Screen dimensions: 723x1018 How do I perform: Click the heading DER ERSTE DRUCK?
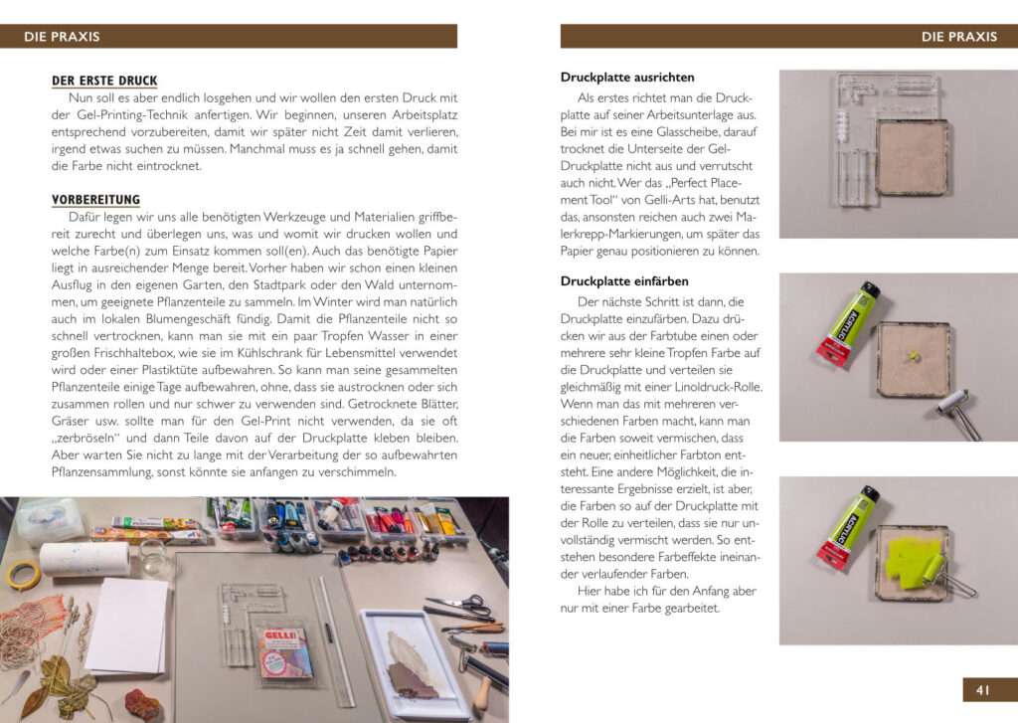pos(104,81)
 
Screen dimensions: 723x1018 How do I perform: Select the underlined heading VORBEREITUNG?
pos(95,199)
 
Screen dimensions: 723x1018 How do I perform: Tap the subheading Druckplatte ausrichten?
pos(627,77)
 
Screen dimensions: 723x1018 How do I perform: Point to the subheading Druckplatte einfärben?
pos(624,280)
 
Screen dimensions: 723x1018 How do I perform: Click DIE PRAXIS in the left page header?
pos(62,37)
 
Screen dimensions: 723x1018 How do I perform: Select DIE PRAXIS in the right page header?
pos(958,37)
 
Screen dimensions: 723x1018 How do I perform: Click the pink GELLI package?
pos(285,651)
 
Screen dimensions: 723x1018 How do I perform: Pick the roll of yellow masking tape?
pos(22,574)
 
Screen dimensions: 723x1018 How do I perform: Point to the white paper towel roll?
pos(84,558)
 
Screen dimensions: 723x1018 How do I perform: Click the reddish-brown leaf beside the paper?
pos(143,705)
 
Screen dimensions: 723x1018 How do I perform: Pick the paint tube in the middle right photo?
pos(847,320)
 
